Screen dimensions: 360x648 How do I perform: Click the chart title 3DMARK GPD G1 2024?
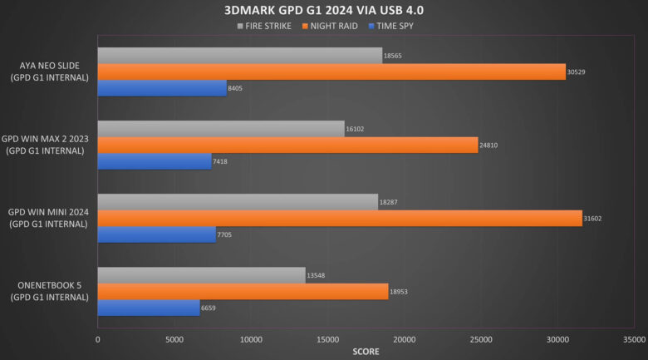pyautogui.click(x=324, y=11)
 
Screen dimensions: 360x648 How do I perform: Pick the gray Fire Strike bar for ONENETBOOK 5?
pyautogui.click(x=201, y=275)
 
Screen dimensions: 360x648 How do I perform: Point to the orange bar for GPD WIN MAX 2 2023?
pyautogui.click(x=287, y=145)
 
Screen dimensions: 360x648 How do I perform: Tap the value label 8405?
pyautogui.click(x=238, y=88)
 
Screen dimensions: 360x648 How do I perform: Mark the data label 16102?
pyautogui.click(x=356, y=129)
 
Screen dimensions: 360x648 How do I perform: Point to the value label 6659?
pyautogui.click(x=212, y=308)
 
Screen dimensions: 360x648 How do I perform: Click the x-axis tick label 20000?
pyautogui.click(x=405, y=339)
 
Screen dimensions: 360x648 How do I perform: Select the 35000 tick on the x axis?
pyautogui.click(x=634, y=339)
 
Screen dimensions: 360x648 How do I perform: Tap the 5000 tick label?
pyautogui.click(x=174, y=339)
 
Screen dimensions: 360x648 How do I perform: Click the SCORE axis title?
pyautogui.click(x=366, y=352)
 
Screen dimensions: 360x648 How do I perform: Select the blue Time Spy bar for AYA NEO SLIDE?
pyautogui.click(x=162, y=88)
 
